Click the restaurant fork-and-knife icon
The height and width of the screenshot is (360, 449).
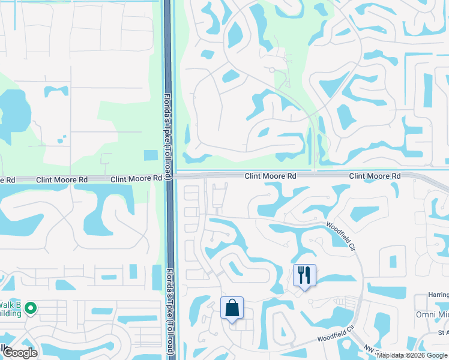(x=304, y=275)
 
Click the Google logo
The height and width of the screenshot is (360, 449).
(x=20, y=353)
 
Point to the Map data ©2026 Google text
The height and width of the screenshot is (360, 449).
(x=412, y=355)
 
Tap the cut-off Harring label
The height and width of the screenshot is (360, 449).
(x=439, y=295)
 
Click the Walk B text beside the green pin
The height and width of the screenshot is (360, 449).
(x=13, y=304)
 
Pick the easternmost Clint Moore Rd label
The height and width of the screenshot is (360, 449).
(x=375, y=176)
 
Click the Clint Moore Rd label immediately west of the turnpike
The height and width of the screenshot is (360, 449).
(x=136, y=179)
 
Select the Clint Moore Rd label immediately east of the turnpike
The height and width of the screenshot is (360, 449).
(x=271, y=176)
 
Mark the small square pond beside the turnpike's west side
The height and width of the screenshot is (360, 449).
(x=151, y=155)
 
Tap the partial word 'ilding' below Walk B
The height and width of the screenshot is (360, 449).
(x=11, y=313)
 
